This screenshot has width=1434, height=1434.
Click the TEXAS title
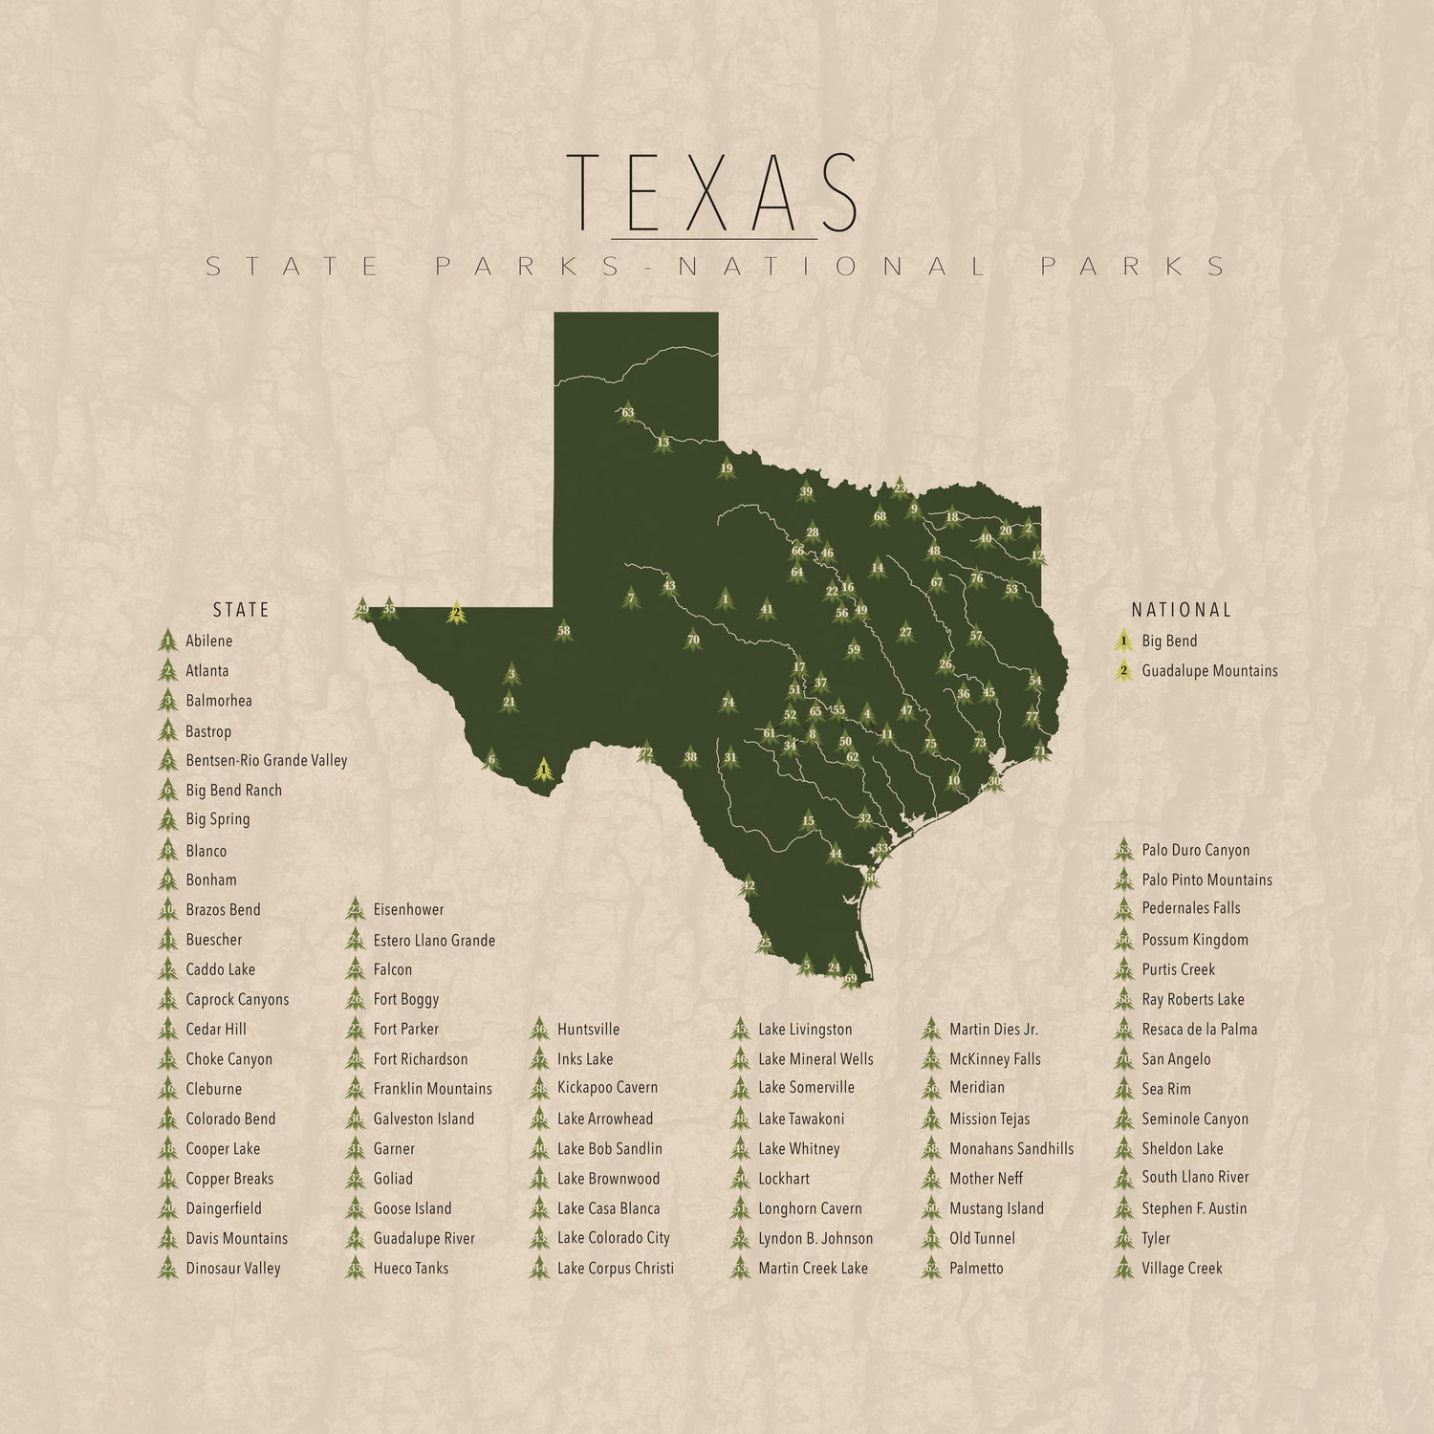point(712,193)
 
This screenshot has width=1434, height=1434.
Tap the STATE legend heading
point(241,610)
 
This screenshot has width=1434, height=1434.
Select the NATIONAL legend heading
point(1182,610)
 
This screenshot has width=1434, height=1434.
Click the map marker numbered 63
point(627,413)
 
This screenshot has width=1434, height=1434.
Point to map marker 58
point(563,630)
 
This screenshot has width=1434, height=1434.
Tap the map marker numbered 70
point(693,640)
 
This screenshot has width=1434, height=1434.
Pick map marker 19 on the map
point(727,468)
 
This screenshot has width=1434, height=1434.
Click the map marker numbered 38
point(690,757)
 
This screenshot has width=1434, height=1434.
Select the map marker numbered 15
point(808,820)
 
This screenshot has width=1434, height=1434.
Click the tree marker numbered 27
point(905,632)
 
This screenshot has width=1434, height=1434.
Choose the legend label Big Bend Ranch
point(233,791)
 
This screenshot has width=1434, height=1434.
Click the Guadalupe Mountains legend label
point(1209,671)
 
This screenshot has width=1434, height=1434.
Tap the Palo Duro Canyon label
point(1195,850)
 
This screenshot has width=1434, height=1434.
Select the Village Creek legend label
point(1182,1269)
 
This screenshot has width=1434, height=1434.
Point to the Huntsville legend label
point(588,1030)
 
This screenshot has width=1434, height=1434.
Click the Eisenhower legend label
point(408,910)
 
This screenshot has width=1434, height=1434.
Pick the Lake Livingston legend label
point(805,1030)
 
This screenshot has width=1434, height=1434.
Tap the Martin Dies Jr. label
point(993,1030)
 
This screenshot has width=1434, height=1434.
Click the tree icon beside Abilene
point(168,641)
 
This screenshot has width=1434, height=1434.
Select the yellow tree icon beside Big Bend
point(1124,641)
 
